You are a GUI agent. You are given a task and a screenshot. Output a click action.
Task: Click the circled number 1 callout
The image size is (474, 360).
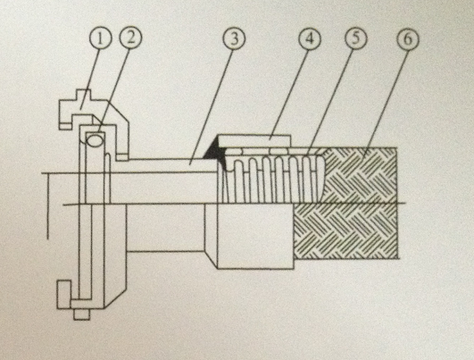(101, 39)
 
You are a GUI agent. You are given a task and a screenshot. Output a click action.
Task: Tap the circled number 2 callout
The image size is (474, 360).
(130, 38)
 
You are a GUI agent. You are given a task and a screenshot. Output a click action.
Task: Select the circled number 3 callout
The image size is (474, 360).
(234, 39)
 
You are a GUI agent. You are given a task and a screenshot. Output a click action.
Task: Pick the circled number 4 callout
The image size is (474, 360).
(310, 39)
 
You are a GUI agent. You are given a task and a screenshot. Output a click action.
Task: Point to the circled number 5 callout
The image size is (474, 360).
(356, 38)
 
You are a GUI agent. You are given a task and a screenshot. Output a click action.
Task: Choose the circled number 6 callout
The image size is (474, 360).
(407, 39)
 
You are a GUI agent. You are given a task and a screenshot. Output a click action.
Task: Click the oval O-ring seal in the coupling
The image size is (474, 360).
(95, 140)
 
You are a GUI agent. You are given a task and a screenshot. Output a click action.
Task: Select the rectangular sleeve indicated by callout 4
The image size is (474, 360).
(254, 141)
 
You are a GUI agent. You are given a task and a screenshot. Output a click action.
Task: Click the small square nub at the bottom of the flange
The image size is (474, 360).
(81, 314)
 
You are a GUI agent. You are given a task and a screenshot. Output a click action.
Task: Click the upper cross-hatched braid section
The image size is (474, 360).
(361, 175)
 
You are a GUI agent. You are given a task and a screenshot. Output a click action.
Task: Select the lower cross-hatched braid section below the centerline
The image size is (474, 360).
(345, 231)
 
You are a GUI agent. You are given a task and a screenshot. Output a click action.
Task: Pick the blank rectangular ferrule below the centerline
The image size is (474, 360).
(255, 236)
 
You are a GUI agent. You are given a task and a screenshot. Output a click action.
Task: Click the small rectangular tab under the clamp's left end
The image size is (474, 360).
(65, 126)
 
